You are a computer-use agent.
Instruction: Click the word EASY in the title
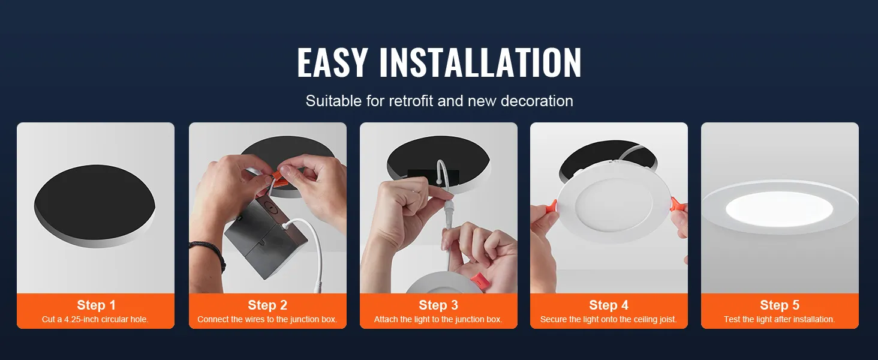point(332,63)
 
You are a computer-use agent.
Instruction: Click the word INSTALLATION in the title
point(480,63)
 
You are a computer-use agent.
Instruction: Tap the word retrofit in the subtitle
point(411,101)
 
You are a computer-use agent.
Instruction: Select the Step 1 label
point(96,305)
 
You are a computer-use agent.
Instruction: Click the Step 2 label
point(267,305)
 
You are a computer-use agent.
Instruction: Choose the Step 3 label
point(438,305)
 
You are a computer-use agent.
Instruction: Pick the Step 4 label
point(609,305)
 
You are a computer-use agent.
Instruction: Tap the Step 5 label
point(780,305)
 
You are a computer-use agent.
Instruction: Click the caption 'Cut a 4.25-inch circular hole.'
point(95,319)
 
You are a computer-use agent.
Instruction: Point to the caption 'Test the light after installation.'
point(780,319)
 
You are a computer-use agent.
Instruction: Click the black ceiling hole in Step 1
point(95,201)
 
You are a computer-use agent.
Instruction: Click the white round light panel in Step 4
point(608,207)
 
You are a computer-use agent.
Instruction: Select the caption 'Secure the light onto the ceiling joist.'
point(609,319)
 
